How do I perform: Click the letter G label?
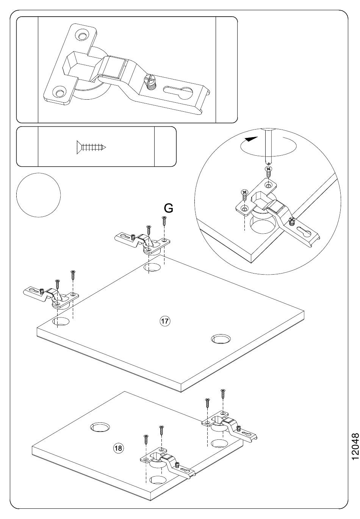(x=168, y=208)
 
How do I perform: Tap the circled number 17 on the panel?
(x=165, y=321)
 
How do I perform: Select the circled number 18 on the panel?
(x=119, y=448)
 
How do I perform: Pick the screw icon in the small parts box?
(x=91, y=147)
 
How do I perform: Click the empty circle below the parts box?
(x=39, y=195)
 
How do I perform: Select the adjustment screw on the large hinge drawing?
(x=150, y=81)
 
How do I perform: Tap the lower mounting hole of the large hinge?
(x=59, y=91)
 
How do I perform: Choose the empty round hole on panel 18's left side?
(x=100, y=427)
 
